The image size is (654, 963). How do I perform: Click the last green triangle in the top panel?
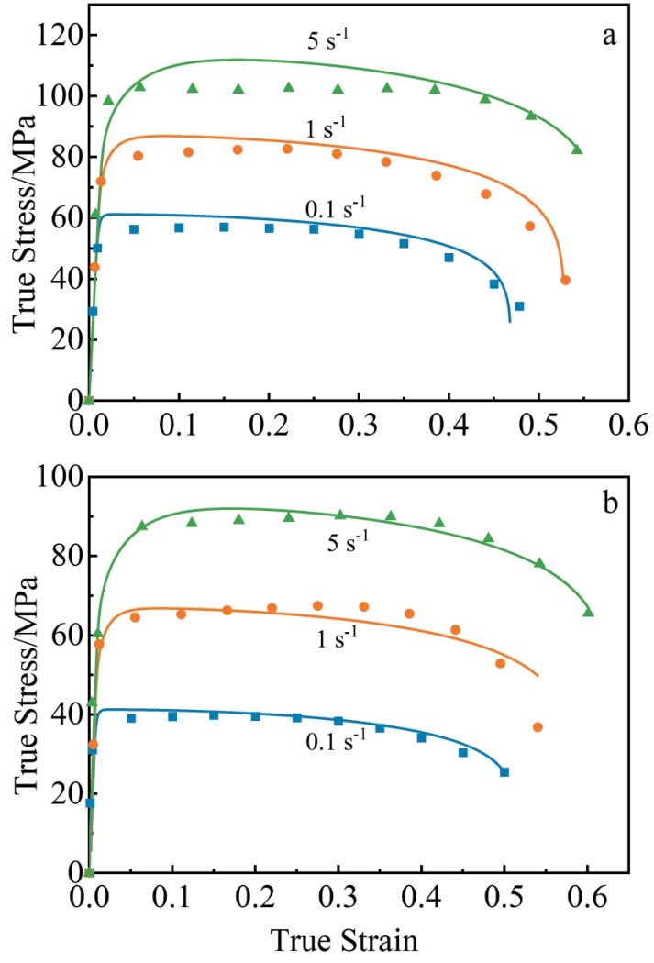577,149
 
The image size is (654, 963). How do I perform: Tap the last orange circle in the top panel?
565,280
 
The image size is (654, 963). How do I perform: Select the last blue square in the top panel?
519,306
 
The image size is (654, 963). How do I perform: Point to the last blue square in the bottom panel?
504,772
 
